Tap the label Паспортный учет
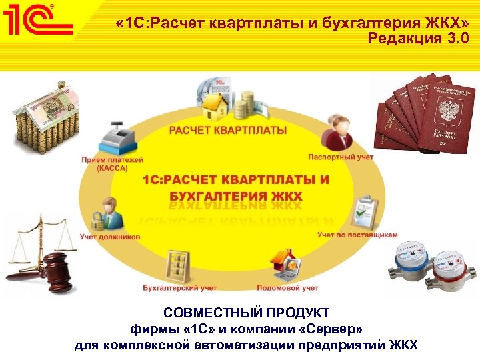point(341,157)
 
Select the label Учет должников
point(109,236)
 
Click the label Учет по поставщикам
point(357,235)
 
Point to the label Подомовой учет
point(287,288)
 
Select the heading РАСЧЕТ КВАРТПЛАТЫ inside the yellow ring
point(228,129)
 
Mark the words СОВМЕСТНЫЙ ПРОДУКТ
point(246,313)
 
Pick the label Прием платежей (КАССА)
point(103,164)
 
